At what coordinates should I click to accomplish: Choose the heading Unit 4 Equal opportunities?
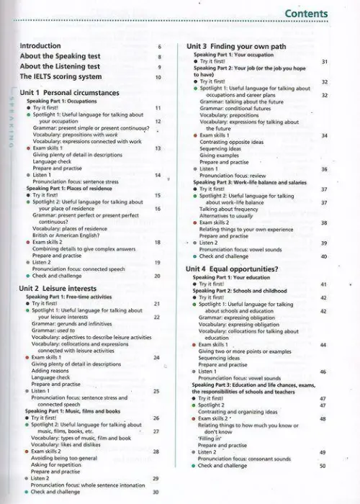click(x=233, y=268)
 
